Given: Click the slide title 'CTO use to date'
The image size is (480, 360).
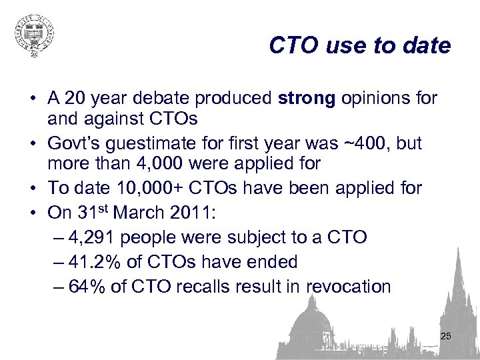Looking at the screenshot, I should (x=360, y=46).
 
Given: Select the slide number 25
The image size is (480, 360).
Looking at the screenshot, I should (x=446, y=337).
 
